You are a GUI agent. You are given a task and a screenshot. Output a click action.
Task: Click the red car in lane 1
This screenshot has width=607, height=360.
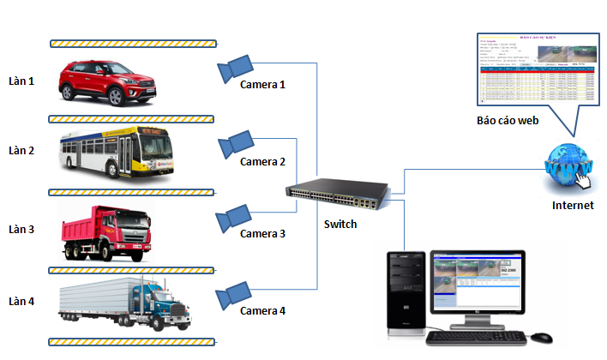point(106,81)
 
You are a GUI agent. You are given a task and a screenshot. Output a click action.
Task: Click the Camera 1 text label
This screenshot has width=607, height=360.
point(262,84)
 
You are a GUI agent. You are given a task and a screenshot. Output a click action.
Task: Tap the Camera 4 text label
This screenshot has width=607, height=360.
point(261,310)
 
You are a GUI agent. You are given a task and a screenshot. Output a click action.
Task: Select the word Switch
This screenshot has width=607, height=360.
point(340,225)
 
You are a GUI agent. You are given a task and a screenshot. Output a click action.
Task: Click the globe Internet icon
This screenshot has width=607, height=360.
point(567,168)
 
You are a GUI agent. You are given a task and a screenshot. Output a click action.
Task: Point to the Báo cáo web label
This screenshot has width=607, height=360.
point(508,122)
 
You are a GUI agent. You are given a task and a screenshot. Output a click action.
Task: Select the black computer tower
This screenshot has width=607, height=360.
point(406,291)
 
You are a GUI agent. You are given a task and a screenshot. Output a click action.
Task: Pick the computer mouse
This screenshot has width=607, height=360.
point(542,336)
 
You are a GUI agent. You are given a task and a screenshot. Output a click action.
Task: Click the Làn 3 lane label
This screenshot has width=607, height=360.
point(21,230)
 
